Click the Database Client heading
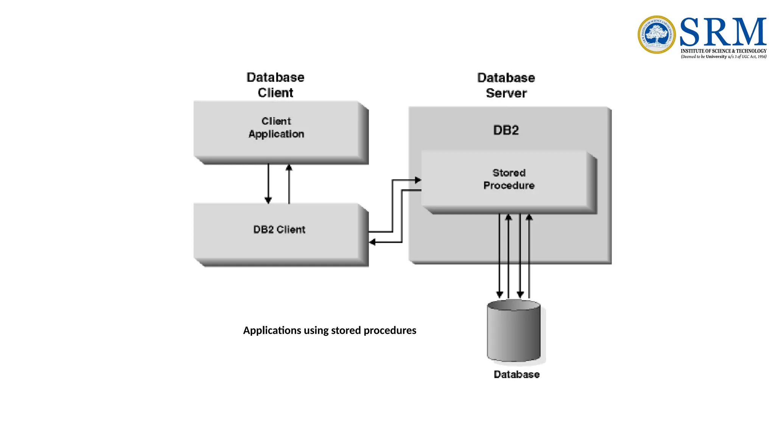(275, 85)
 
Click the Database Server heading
(506, 85)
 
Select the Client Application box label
(276, 128)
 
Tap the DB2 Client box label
(279, 229)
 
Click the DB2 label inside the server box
(506, 130)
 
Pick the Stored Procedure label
(509, 179)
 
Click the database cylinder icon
(514, 331)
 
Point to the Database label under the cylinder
(517, 374)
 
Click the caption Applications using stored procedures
(330, 330)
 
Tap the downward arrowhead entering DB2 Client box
(268, 200)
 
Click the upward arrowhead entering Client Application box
(289, 167)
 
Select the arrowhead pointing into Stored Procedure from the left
(418, 180)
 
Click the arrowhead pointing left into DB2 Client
(372, 242)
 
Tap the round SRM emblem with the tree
(657, 34)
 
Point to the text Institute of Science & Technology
(724, 51)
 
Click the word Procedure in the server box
(509, 185)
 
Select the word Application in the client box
(276, 134)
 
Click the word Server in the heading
(506, 93)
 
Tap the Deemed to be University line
(724, 57)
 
